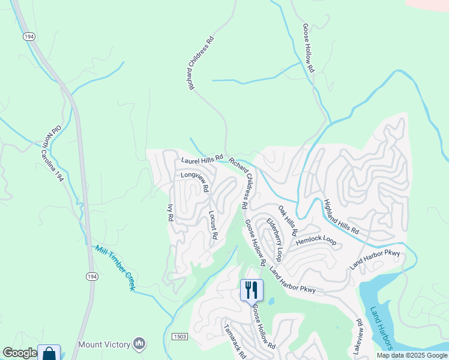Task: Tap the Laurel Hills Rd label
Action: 202,160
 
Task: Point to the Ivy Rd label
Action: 170,214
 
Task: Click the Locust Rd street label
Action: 212,224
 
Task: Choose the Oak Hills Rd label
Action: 288,220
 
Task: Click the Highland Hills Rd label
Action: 340,217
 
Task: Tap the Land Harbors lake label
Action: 381,328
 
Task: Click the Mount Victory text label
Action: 104,344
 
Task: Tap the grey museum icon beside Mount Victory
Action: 140,343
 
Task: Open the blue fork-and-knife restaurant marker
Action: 252,290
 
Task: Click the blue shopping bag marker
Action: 49,354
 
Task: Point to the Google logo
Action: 19,353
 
